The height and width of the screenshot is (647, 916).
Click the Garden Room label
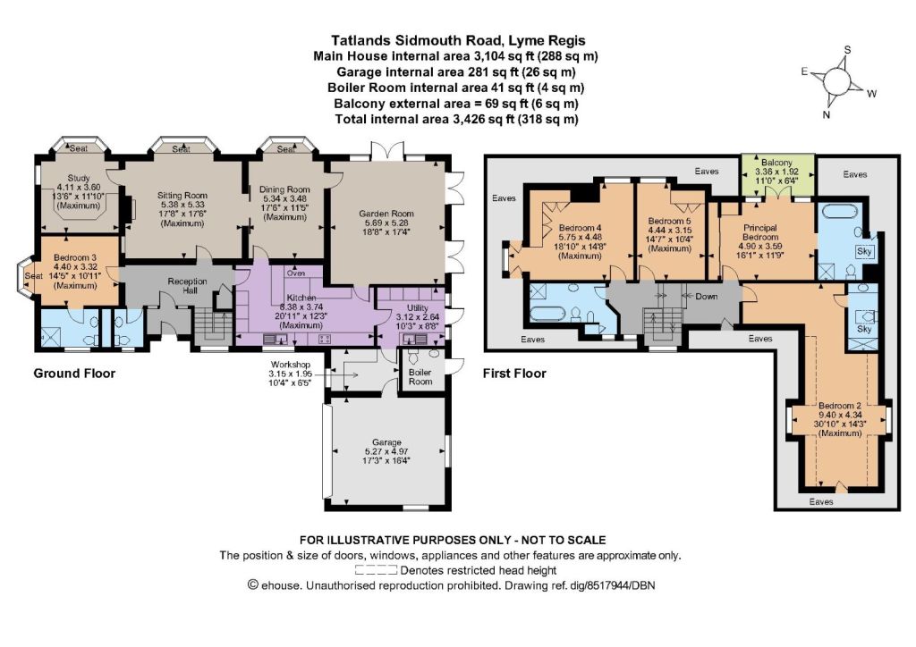(386, 214)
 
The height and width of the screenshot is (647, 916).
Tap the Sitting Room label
(182, 196)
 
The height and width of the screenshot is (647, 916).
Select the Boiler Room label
(420, 377)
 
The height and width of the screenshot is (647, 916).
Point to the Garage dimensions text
(386, 456)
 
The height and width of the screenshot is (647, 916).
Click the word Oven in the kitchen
(296, 273)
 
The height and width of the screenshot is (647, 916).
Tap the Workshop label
(291, 365)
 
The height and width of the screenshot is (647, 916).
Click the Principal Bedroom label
(760, 232)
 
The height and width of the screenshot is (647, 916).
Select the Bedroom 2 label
(839, 406)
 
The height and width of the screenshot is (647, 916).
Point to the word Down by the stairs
(707, 297)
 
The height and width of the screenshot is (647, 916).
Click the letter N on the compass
(826, 115)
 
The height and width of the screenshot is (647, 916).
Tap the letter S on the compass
(848, 50)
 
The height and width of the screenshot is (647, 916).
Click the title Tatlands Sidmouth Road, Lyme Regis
(458, 40)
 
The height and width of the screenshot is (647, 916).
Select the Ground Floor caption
(74, 374)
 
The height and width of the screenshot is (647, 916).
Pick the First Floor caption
(514, 374)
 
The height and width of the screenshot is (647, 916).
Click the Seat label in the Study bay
(79, 148)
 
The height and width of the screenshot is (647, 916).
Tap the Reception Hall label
(187, 286)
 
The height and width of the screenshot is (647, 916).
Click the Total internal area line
(456, 119)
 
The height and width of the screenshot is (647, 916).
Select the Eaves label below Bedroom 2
(821, 501)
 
